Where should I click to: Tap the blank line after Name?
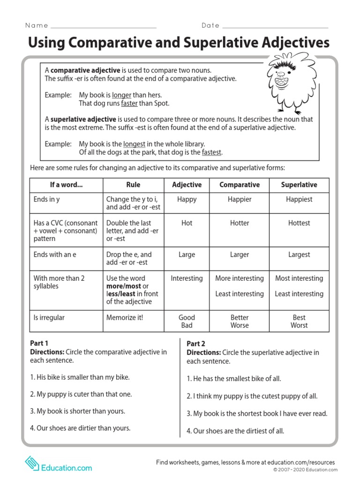coord(103,27)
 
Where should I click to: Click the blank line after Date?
coord(275,27)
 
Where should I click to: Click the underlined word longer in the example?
coord(121,95)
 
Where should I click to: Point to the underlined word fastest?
coord(211,152)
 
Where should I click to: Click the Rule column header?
coord(133,185)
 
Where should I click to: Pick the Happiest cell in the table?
coord(299,199)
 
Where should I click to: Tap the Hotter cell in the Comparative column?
coord(239,223)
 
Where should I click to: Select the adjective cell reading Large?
coord(187,255)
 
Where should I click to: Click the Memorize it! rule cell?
coord(125,317)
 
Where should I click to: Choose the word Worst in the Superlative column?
coord(299,325)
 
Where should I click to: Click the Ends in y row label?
coord(46,199)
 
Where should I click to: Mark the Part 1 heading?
coord(39,343)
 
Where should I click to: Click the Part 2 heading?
coord(196,344)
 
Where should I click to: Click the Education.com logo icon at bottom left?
coord(32,464)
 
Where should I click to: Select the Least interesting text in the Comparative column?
coord(239,294)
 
